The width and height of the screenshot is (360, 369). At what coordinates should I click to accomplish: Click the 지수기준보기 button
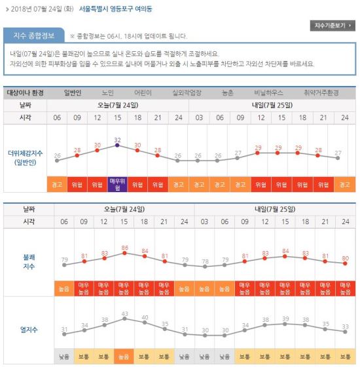point(333,26)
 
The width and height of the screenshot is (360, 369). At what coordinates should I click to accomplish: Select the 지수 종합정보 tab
point(34,35)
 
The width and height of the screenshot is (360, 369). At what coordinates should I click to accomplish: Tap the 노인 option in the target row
point(108,92)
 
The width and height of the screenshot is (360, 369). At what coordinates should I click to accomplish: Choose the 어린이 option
point(143,92)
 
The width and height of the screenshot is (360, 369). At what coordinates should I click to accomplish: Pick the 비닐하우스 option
point(268,92)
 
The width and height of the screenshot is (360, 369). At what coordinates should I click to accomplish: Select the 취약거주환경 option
point(321,92)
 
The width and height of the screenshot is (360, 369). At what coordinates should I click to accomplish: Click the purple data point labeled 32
point(117,146)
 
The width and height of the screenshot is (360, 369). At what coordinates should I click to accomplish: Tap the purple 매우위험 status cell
point(118,185)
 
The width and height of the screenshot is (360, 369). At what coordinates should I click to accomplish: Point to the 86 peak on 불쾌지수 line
point(124,253)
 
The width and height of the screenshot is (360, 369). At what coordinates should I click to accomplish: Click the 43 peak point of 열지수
point(124,319)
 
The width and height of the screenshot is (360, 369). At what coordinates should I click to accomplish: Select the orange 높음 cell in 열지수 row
point(124,357)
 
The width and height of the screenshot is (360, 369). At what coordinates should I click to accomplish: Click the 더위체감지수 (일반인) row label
point(26,158)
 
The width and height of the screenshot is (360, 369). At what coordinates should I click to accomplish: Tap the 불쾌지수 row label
point(29,262)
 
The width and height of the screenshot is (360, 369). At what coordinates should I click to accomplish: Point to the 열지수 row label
point(29,330)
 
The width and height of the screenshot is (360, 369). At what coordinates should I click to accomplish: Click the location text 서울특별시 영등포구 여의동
point(116,9)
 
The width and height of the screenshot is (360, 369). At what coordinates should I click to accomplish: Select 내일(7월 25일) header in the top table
point(272,105)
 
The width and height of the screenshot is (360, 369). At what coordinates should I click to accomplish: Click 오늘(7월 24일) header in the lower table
point(124,209)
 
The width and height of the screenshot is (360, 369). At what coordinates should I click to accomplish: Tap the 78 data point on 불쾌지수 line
point(205,267)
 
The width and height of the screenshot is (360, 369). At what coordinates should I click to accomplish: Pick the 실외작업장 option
point(187,92)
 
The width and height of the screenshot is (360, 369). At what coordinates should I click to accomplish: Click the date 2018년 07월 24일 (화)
point(43,9)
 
